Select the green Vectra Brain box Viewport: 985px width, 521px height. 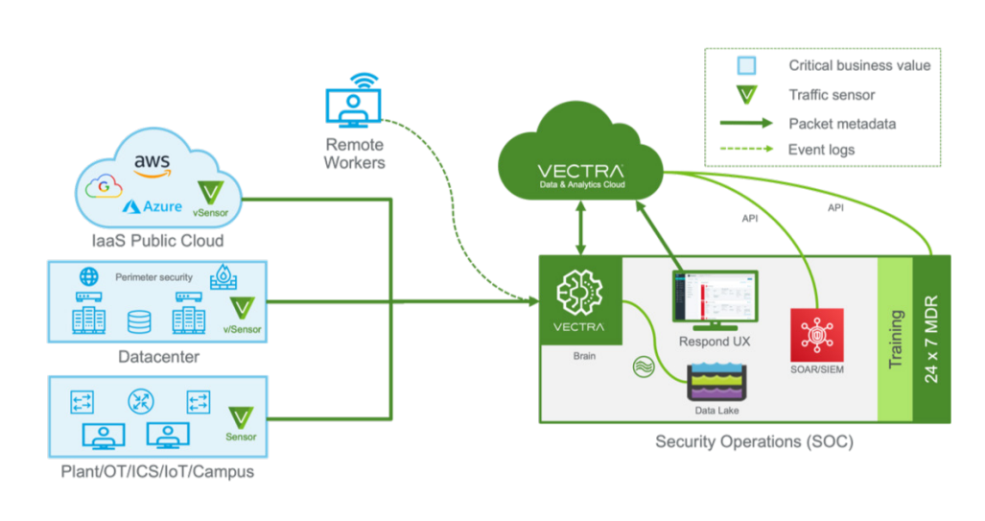580,299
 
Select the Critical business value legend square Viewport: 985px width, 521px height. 745,66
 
